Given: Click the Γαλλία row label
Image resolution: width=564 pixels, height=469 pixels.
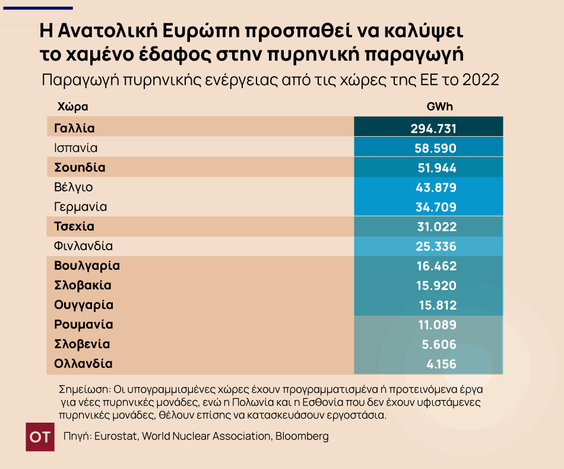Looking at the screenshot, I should pyautogui.click(x=74, y=128).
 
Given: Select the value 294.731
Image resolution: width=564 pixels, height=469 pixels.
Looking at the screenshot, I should pyautogui.click(x=433, y=128).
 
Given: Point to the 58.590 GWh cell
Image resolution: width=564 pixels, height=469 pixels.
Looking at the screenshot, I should pyautogui.click(x=435, y=148).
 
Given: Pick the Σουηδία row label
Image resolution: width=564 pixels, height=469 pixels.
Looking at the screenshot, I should pyautogui.click(x=80, y=168).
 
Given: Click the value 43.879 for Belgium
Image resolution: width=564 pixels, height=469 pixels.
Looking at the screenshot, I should pyautogui.click(x=436, y=187).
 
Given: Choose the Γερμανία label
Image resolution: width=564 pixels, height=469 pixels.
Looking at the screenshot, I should pyautogui.click(x=80, y=207).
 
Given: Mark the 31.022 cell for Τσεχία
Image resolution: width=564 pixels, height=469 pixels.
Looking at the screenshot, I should pyautogui.click(x=436, y=226).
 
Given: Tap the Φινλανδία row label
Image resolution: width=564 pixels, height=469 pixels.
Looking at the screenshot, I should pyautogui.click(x=83, y=246).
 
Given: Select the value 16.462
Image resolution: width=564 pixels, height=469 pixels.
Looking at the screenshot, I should pyautogui.click(x=436, y=266).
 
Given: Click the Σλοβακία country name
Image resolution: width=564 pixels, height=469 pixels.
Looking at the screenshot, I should pyautogui.click(x=83, y=285).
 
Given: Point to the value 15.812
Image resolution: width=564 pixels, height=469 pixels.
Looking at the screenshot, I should pyautogui.click(x=436, y=305).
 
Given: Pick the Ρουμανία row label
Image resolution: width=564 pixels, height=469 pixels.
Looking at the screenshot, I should pyautogui.click(x=83, y=325).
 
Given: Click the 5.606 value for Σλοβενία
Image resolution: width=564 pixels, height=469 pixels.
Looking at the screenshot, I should pyautogui.click(x=439, y=344).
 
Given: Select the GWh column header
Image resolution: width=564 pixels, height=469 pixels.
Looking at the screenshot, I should pyautogui.click(x=439, y=107).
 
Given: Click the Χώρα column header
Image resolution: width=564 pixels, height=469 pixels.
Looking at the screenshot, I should pyautogui.click(x=73, y=107).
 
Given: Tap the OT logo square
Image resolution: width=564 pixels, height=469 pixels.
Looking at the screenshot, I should pyautogui.click(x=40, y=437).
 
